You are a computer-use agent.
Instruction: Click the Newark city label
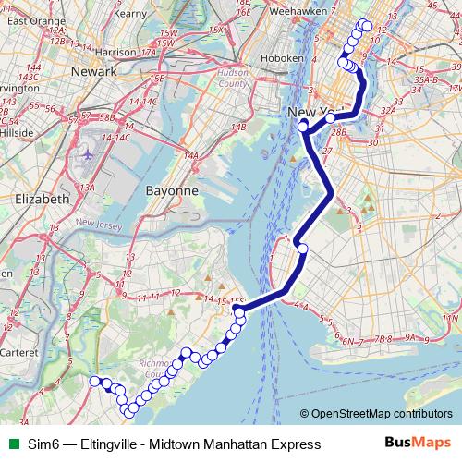97,71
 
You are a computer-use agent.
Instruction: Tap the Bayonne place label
173,190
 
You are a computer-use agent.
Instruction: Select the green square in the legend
10,444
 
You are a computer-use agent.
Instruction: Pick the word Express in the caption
294,444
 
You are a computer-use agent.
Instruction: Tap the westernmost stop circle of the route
93,381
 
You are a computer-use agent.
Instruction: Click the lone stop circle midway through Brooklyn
302,248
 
